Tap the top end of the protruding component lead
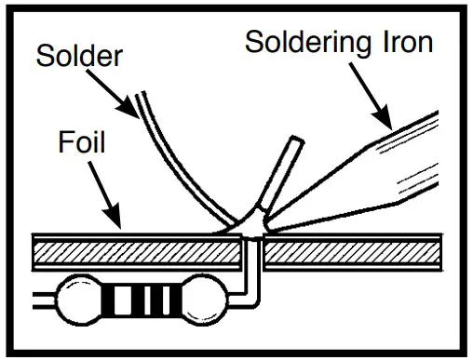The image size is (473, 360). (x=294, y=141)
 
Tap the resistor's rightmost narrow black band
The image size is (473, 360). (x=174, y=300)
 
